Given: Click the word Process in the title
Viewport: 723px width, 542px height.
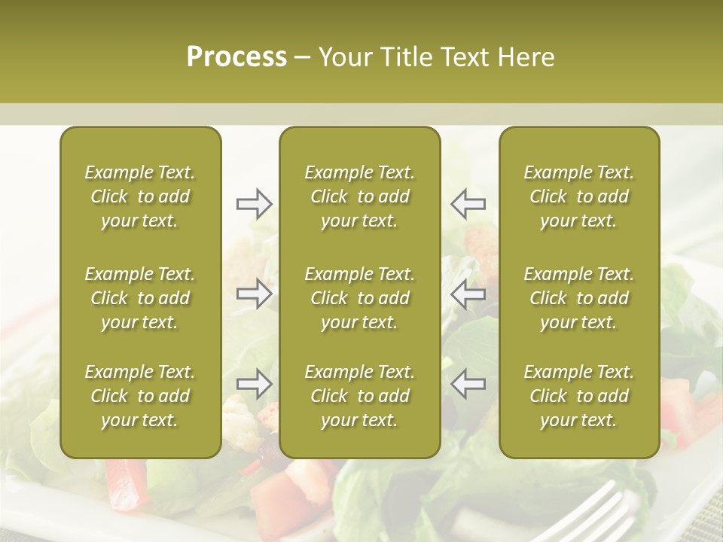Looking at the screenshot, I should tap(236, 57).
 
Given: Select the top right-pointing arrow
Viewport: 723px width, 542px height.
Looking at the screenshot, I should tap(255, 204).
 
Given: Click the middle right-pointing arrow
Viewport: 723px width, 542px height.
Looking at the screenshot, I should tap(255, 294).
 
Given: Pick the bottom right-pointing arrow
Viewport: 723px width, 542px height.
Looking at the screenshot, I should tap(255, 384).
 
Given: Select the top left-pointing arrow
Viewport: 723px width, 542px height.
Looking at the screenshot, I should tap(468, 204).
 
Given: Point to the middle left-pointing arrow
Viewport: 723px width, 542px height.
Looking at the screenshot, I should tap(468, 294).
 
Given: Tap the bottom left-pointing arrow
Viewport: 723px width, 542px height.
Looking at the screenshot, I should tap(468, 384).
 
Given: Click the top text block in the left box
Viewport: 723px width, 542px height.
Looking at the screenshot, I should tap(140, 196).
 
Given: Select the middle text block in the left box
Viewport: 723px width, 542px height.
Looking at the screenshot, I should tap(140, 298).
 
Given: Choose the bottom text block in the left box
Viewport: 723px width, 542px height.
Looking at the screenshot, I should tap(140, 396).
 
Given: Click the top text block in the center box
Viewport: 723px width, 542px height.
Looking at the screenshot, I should tap(359, 196).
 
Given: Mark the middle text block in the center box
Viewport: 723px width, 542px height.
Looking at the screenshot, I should tap(359, 298).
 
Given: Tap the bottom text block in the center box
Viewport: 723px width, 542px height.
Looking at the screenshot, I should tap(359, 396).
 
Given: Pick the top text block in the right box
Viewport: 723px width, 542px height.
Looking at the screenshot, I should tap(578, 196).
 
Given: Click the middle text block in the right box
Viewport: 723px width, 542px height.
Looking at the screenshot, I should tap(578, 298).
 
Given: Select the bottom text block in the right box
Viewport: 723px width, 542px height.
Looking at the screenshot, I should tap(578, 396).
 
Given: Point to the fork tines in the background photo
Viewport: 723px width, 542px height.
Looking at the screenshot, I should tap(602, 512).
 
